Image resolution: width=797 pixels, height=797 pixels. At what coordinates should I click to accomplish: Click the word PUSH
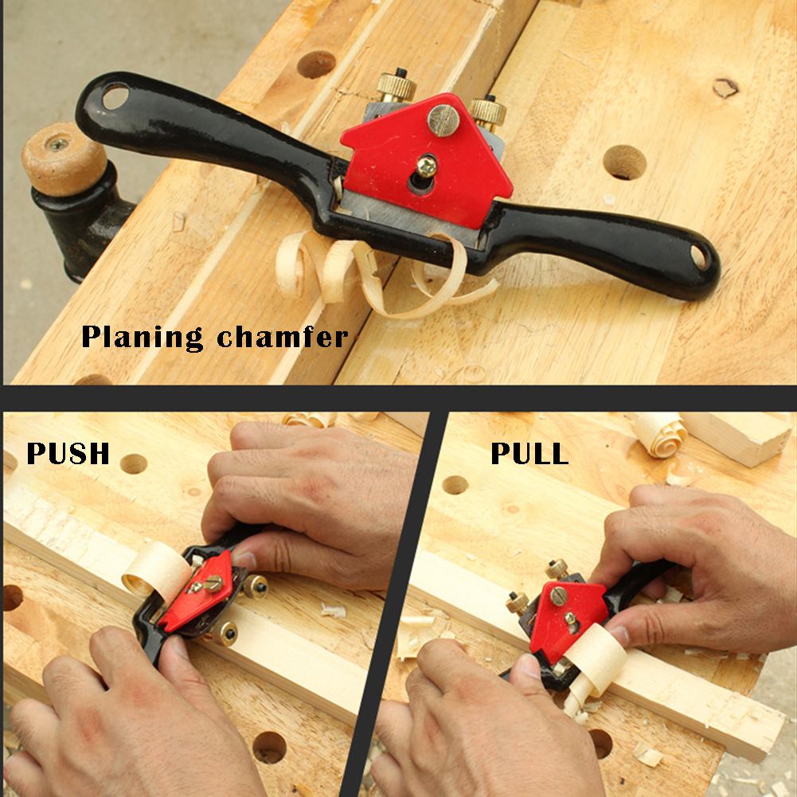68,453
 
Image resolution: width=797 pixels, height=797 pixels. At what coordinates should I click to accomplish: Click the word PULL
529,453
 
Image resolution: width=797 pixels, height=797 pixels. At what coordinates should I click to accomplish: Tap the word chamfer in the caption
283,337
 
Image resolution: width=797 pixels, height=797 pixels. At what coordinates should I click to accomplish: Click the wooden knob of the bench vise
64,159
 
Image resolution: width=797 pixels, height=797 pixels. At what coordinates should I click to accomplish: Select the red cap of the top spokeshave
427,160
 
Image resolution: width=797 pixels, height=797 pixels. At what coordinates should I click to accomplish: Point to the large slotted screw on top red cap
443,120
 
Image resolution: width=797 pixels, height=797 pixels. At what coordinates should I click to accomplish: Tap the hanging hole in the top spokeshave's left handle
115,96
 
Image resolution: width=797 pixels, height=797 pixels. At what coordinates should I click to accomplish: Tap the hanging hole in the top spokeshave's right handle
699,257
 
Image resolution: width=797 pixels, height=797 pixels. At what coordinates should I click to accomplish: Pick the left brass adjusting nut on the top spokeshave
397,85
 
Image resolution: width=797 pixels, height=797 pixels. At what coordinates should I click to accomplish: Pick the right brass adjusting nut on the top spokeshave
487,113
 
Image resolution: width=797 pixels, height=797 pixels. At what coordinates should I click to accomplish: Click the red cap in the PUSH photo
196,592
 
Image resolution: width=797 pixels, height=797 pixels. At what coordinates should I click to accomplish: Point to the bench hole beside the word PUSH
134,463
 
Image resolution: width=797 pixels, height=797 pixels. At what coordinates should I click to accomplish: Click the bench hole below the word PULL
455,485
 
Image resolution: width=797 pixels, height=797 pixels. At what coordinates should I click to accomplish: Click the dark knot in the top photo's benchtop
725,88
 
